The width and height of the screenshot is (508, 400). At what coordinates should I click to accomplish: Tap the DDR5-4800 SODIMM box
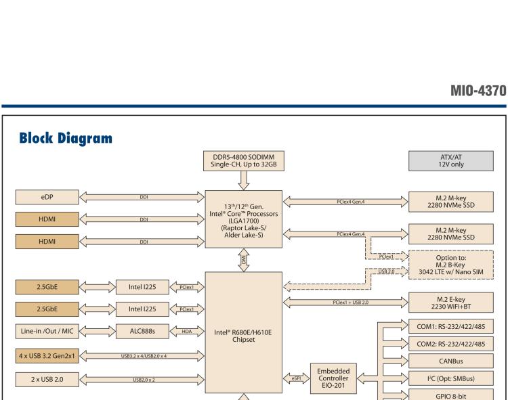242,162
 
